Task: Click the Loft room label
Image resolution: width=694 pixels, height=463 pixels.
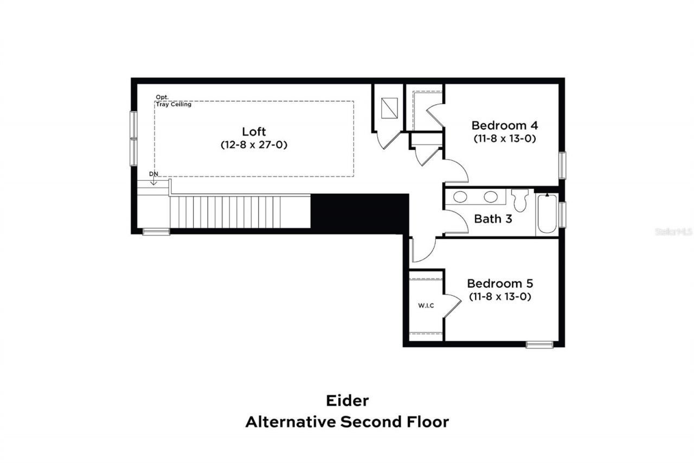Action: click(x=254, y=131)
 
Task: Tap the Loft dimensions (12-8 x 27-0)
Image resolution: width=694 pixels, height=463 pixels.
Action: click(x=254, y=145)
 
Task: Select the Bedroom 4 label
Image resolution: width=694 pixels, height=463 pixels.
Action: click(x=504, y=124)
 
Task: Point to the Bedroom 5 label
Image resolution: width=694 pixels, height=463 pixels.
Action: click(x=500, y=283)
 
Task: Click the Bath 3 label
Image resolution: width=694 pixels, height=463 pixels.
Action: click(x=493, y=219)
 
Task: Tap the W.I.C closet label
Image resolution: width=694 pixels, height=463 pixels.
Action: click(x=426, y=306)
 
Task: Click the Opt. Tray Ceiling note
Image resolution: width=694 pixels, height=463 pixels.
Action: click(x=173, y=100)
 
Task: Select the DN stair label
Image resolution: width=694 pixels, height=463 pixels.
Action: click(x=154, y=174)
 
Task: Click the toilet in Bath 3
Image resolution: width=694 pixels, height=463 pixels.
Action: click(x=520, y=200)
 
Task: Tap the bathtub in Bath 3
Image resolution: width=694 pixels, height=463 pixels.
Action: click(x=547, y=214)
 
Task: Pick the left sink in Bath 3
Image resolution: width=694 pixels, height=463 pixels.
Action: click(x=461, y=197)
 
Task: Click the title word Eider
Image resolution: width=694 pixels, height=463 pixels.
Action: click(x=347, y=401)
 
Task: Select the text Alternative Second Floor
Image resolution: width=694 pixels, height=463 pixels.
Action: click(x=347, y=422)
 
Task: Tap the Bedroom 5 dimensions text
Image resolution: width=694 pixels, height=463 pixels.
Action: click(x=499, y=297)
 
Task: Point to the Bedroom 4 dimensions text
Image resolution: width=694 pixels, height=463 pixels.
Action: click(x=504, y=138)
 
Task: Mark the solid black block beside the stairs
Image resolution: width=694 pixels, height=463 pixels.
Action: click(x=359, y=211)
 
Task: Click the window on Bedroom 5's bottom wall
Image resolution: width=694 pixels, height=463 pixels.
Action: click(x=539, y=344)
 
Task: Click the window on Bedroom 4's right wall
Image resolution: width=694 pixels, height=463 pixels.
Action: click(x=562, y=166)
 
